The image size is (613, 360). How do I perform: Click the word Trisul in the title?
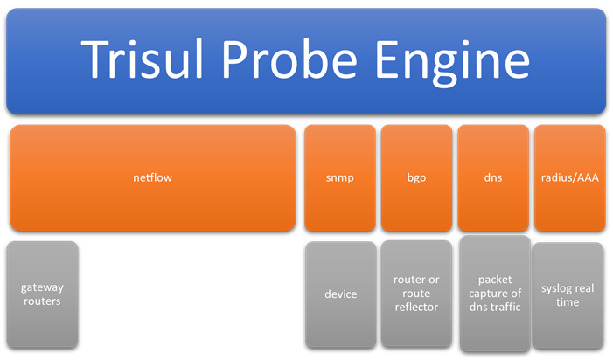(x=142, y=59)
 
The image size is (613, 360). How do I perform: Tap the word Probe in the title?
(x=289, y=59)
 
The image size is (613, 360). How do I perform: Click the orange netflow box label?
(x=152, y=177)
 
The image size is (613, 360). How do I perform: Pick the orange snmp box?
(x=340, y=177)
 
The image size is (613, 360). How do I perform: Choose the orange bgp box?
(x=417, y=177)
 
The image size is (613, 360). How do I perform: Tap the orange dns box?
(x=493, y=177)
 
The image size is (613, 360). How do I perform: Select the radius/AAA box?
(x=570, y=177)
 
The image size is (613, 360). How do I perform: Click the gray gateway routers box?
(x=42, y=294)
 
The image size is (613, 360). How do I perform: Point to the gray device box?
(x=341, y=294)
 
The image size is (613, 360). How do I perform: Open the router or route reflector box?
(x=417, y=294)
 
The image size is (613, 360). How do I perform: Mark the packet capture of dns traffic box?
(x=495, y=294)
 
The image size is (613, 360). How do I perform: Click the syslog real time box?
(x=568, y=295)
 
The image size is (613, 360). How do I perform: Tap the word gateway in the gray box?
(x=42, y=288)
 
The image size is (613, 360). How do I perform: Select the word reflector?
(x=416, y=308)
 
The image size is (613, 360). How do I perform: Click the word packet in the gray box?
(x=495, y=280)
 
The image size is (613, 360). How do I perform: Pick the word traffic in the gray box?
(x=506, y=308)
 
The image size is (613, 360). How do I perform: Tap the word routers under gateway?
(x=42, y=301)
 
